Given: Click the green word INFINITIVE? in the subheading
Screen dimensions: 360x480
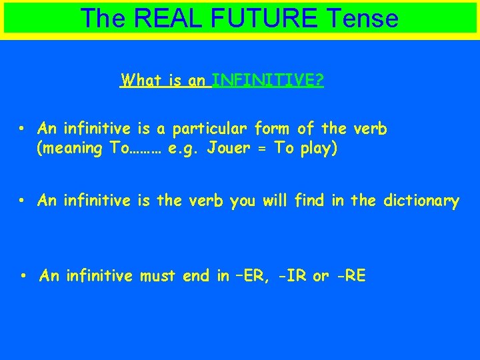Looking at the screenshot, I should point(268,81).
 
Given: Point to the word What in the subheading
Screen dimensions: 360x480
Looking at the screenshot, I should point(143,81).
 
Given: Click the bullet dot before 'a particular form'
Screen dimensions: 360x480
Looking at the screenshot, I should point(22,128).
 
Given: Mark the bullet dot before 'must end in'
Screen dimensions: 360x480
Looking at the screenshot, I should point(24,276).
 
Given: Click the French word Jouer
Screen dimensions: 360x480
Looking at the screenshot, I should point(229,148).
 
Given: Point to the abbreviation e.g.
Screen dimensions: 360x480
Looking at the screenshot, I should point(183,148).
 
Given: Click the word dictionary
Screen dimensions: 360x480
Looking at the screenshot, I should point(421,201).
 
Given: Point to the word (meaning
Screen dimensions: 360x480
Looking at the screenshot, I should point(71,148).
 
